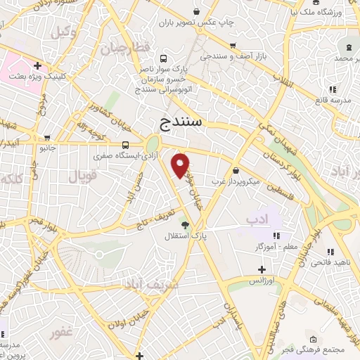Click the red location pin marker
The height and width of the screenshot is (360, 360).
(181, 165)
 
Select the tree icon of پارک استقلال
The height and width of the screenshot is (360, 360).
(185, 225)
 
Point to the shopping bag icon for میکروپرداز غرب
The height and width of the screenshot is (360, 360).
(235, 169)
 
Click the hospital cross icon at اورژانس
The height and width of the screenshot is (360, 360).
(262, 269)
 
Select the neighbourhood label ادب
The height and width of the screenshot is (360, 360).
(258, 221)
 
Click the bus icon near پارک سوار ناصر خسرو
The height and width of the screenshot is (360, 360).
(164, 59)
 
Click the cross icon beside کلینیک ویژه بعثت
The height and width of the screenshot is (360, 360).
(37, 65)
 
